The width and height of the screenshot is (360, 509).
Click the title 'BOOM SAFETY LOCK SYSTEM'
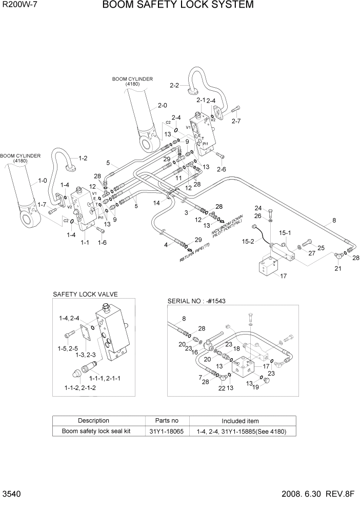point(177,6)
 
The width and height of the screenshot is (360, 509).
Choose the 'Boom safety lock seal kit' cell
point(96,431)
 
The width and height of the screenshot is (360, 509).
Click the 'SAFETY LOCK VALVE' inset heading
point(85,295)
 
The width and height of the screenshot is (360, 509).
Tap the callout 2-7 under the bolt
point(236,121)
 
